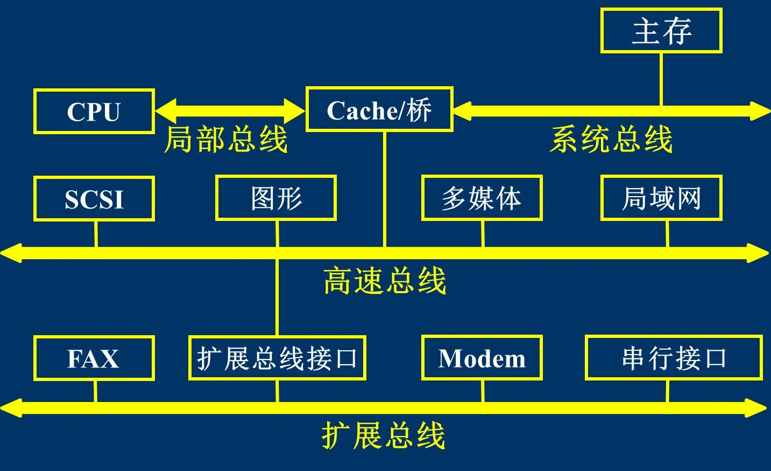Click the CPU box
click(x=94, y=112)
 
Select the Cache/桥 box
click(x=379, y=109)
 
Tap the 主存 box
click(x=661, y=31)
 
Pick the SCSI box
click(x=94, y=198)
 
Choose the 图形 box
click(x=276, y=198)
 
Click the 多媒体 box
click(x=482, y=198)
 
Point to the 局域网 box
click(x=661, y=198)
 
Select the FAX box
click(x=94, y=358)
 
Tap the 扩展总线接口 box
click(x=277, y=358)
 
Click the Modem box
click(x=482, y=358)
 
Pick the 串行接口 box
click(x=674, y=358)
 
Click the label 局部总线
click(x=226, y=139)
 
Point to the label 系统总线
click(x=611, y=139)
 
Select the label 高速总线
click(x=385, y=281)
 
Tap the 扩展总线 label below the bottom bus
click(x=383, y=435)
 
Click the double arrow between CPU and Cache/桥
click(x=230, y=111)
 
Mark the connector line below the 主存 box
click(x=661, y=79)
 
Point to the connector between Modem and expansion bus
click(x=483, y=391)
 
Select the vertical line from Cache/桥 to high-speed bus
click(x=385, y=189)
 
